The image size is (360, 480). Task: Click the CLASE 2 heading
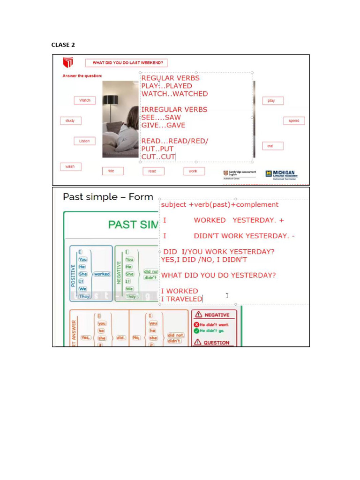pyautogui.click(x=63, y=45)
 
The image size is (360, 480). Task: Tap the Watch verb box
pyautogui.click(x=85, y=100)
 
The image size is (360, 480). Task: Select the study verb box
pyautogui.click(x=70, y=120)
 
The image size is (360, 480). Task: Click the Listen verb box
pyautogui.click(x=84, y=141)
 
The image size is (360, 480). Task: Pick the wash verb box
pyautogui.click(x=70, y=166)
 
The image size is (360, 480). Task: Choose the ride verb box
pyautogui.click(x=111, y=171)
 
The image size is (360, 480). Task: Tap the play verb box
pyautogui.click(x=271, y=101)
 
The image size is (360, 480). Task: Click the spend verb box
pyautogui.click(x=294, y=120)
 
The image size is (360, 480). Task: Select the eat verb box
pyautogui.click(x=270, y=146)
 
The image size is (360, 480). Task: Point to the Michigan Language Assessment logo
pyautogui.click(x=281, y=174)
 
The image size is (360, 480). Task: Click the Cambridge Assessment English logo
pyautogui.click(x=240, y=174)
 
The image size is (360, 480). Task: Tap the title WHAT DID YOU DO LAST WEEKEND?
pyautogui.click(x=127, y=63)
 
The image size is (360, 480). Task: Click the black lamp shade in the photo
pyautogui.click(x=111, y=100)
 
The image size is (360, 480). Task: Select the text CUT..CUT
pyautogui.click(x=158, y=157)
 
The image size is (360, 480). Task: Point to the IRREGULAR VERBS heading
pyautogui.click(x=174, y=110)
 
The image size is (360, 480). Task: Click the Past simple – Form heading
pyautogui.click(x=108, y=197)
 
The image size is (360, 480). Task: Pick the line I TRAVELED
pyautogui.click(x=181, y=299)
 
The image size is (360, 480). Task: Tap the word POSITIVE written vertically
pyautogui.click(x=73, y=274)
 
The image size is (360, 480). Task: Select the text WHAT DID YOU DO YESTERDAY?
pyautogui.click(x=218, y=275)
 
